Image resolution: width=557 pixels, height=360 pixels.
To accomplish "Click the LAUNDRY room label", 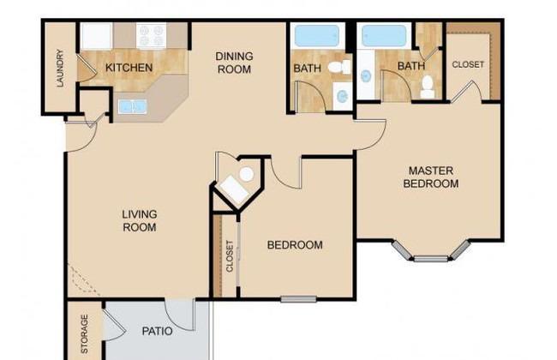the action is click(60, 69).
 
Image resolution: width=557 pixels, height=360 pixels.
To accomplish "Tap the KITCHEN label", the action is click(129, 68).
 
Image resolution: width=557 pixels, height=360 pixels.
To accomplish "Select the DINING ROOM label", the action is click(234, 63).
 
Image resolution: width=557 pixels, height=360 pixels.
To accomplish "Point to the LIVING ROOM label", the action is click(140, 220).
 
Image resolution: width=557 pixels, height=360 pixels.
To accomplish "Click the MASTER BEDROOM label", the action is click(431, 177).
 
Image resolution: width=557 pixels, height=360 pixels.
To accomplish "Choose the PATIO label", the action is click(157, 331).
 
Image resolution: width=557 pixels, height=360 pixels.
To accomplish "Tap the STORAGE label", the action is click(85, 334).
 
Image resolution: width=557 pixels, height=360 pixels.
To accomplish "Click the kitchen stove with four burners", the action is click(152, 35).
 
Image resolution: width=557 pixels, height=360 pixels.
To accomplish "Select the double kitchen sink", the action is click(132, 106).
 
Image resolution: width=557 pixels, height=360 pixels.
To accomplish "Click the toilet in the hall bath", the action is click(338, 67).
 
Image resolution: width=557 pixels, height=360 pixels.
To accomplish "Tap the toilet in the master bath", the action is click(427, 87).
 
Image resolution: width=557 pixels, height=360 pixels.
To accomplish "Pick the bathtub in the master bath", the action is click(384, 35).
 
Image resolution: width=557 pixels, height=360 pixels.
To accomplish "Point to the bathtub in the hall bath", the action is click(317, 35).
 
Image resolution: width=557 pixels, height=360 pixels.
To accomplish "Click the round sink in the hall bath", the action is click(343, 96).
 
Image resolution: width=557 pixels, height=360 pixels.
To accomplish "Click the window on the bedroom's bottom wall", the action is click(298, 299).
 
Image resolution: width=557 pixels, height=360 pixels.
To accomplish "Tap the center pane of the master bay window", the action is click(431, 259).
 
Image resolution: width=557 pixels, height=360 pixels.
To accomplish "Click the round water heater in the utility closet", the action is click(247, 174).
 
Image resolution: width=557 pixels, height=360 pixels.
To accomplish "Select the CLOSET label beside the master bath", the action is click(468, 64).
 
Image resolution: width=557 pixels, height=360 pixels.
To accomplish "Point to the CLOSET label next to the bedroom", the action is click(230, 256).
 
